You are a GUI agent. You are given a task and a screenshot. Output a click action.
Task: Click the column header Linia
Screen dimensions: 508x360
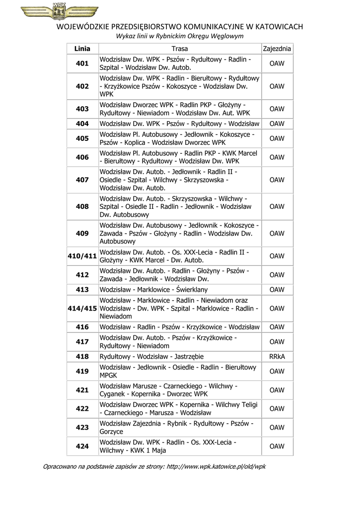[x=82, y=49]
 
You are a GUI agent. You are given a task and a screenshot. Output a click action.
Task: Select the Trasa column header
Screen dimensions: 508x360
[x=180, y=49]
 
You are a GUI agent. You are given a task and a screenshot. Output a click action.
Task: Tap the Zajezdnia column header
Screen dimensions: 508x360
[x=277, y=49]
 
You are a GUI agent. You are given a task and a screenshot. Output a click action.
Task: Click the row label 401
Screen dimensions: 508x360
[x=82, y=63]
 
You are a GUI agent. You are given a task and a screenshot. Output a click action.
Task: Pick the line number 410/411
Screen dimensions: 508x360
[x=82, y=256]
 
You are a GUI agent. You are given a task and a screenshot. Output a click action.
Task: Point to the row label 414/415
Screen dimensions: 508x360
[x=82, y=308]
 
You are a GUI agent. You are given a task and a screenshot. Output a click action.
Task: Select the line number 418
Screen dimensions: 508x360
[x=82, y=356]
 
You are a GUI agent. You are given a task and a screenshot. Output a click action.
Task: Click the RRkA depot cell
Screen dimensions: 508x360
[x=277, y=356]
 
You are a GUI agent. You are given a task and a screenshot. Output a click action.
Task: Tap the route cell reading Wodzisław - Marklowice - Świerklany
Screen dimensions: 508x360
[x=154, y=289]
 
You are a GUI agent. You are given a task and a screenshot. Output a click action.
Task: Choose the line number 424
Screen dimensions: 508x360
[x=82, y=446]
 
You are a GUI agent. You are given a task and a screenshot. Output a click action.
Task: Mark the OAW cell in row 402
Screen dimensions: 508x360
[x=277, y=86]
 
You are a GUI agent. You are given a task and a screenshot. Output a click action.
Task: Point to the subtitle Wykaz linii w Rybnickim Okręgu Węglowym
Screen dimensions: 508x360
[x=180, y=36]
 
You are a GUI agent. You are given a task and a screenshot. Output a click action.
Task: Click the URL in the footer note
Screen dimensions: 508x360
[x=216, y=466]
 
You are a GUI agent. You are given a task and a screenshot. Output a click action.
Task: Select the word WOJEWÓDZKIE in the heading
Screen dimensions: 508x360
[x=83, y=26]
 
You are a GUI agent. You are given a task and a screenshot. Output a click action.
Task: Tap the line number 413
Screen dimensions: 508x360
[x=82, y=289]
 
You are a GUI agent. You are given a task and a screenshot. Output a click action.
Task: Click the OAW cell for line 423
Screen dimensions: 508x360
[x=277, y=427]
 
